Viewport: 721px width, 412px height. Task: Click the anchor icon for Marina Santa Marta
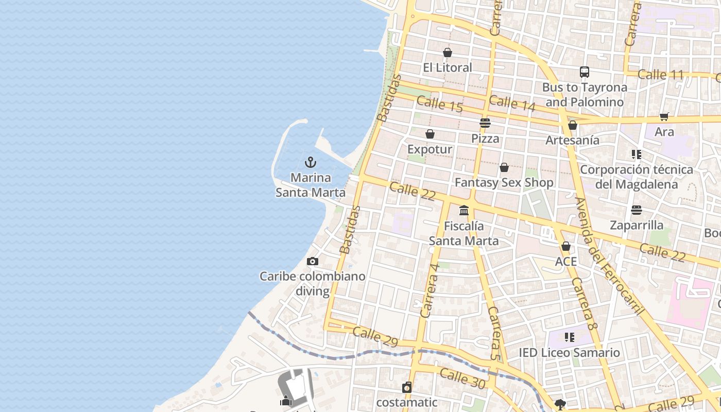310,163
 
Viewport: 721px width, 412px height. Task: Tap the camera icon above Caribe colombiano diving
312,262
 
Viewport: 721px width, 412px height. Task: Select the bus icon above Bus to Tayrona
584,72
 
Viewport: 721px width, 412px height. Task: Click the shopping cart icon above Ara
664,117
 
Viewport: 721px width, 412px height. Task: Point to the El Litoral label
447,67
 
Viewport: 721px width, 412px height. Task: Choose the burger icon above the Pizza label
485,123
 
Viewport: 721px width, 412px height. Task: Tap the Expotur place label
430,149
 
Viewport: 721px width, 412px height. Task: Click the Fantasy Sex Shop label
504,183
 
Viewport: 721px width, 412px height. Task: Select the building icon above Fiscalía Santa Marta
464,210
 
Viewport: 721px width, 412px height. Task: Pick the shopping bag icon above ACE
565,247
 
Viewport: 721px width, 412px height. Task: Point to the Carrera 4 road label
430,290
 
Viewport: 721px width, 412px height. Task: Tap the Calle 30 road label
462,378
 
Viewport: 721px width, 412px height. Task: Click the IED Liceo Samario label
569,353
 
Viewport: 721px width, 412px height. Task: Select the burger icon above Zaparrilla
637,210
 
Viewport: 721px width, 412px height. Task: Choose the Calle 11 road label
660,75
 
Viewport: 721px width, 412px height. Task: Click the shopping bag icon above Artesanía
572,125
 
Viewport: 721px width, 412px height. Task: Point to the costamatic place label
406,402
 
